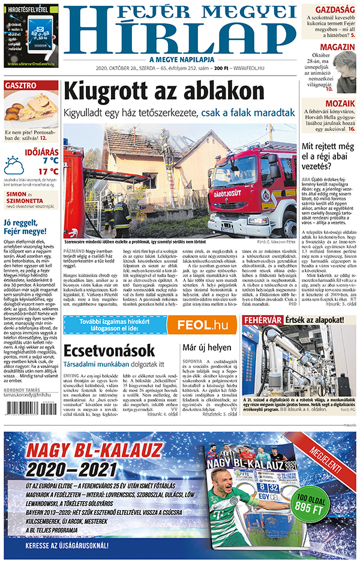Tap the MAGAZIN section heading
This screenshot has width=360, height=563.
click(337, 47)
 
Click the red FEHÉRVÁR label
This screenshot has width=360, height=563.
click(262, 321)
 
